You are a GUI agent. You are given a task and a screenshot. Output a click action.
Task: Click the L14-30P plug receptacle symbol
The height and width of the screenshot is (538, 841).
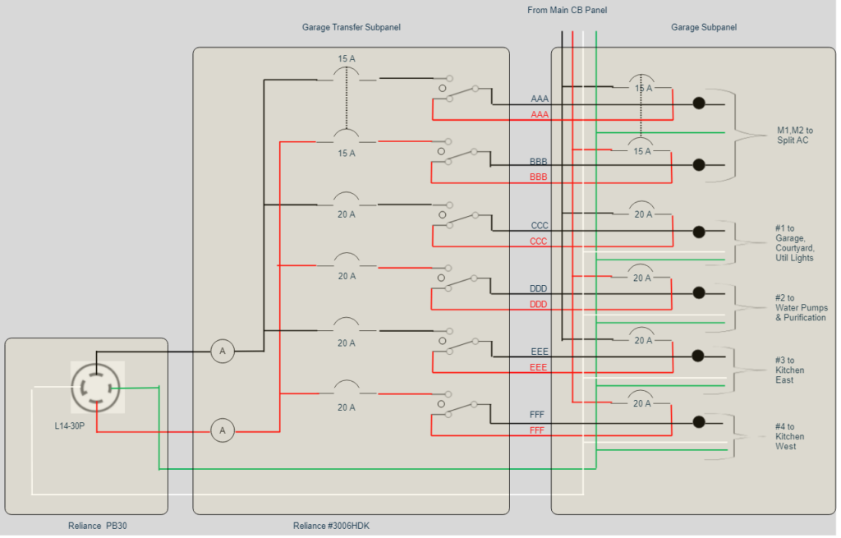point(97,387)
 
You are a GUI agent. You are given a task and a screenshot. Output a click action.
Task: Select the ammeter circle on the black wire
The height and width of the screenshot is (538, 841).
point(222,352)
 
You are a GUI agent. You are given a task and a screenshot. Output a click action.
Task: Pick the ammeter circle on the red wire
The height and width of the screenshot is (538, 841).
point(222,430)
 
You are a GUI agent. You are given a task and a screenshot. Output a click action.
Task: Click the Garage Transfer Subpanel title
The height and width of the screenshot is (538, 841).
point(351,27)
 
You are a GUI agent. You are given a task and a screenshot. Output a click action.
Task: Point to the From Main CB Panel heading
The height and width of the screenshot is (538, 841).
point(567,10)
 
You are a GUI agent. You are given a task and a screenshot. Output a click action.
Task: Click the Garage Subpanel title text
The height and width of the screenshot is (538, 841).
point(703,27)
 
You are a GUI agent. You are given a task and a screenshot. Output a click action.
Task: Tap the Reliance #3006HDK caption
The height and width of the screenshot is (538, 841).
point(337,526)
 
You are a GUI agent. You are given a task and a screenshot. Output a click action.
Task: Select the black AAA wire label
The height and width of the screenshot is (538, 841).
point(540,99)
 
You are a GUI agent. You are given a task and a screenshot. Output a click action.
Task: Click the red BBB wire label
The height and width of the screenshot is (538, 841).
point(538,177)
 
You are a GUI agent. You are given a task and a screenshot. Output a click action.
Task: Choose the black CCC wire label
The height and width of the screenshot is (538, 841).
point(540,225)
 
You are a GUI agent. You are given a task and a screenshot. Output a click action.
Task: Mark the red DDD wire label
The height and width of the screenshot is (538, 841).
point(538,305)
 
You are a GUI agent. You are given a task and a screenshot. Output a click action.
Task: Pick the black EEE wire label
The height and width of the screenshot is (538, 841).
point(539,352)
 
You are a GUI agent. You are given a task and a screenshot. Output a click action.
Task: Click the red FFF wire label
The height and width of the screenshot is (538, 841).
point(537,430)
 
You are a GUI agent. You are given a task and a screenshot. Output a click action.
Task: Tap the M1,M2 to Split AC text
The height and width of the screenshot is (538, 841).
point(794,136)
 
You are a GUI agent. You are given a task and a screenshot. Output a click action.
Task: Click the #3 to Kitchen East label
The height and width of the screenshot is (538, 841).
point(789,370)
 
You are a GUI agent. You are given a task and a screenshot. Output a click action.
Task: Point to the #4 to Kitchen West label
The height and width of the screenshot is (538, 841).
point(789,437)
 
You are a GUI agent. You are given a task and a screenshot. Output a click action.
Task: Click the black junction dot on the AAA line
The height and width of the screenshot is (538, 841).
point(699,103)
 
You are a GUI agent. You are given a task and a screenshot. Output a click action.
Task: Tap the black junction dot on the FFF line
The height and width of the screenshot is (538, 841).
point(699,422)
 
